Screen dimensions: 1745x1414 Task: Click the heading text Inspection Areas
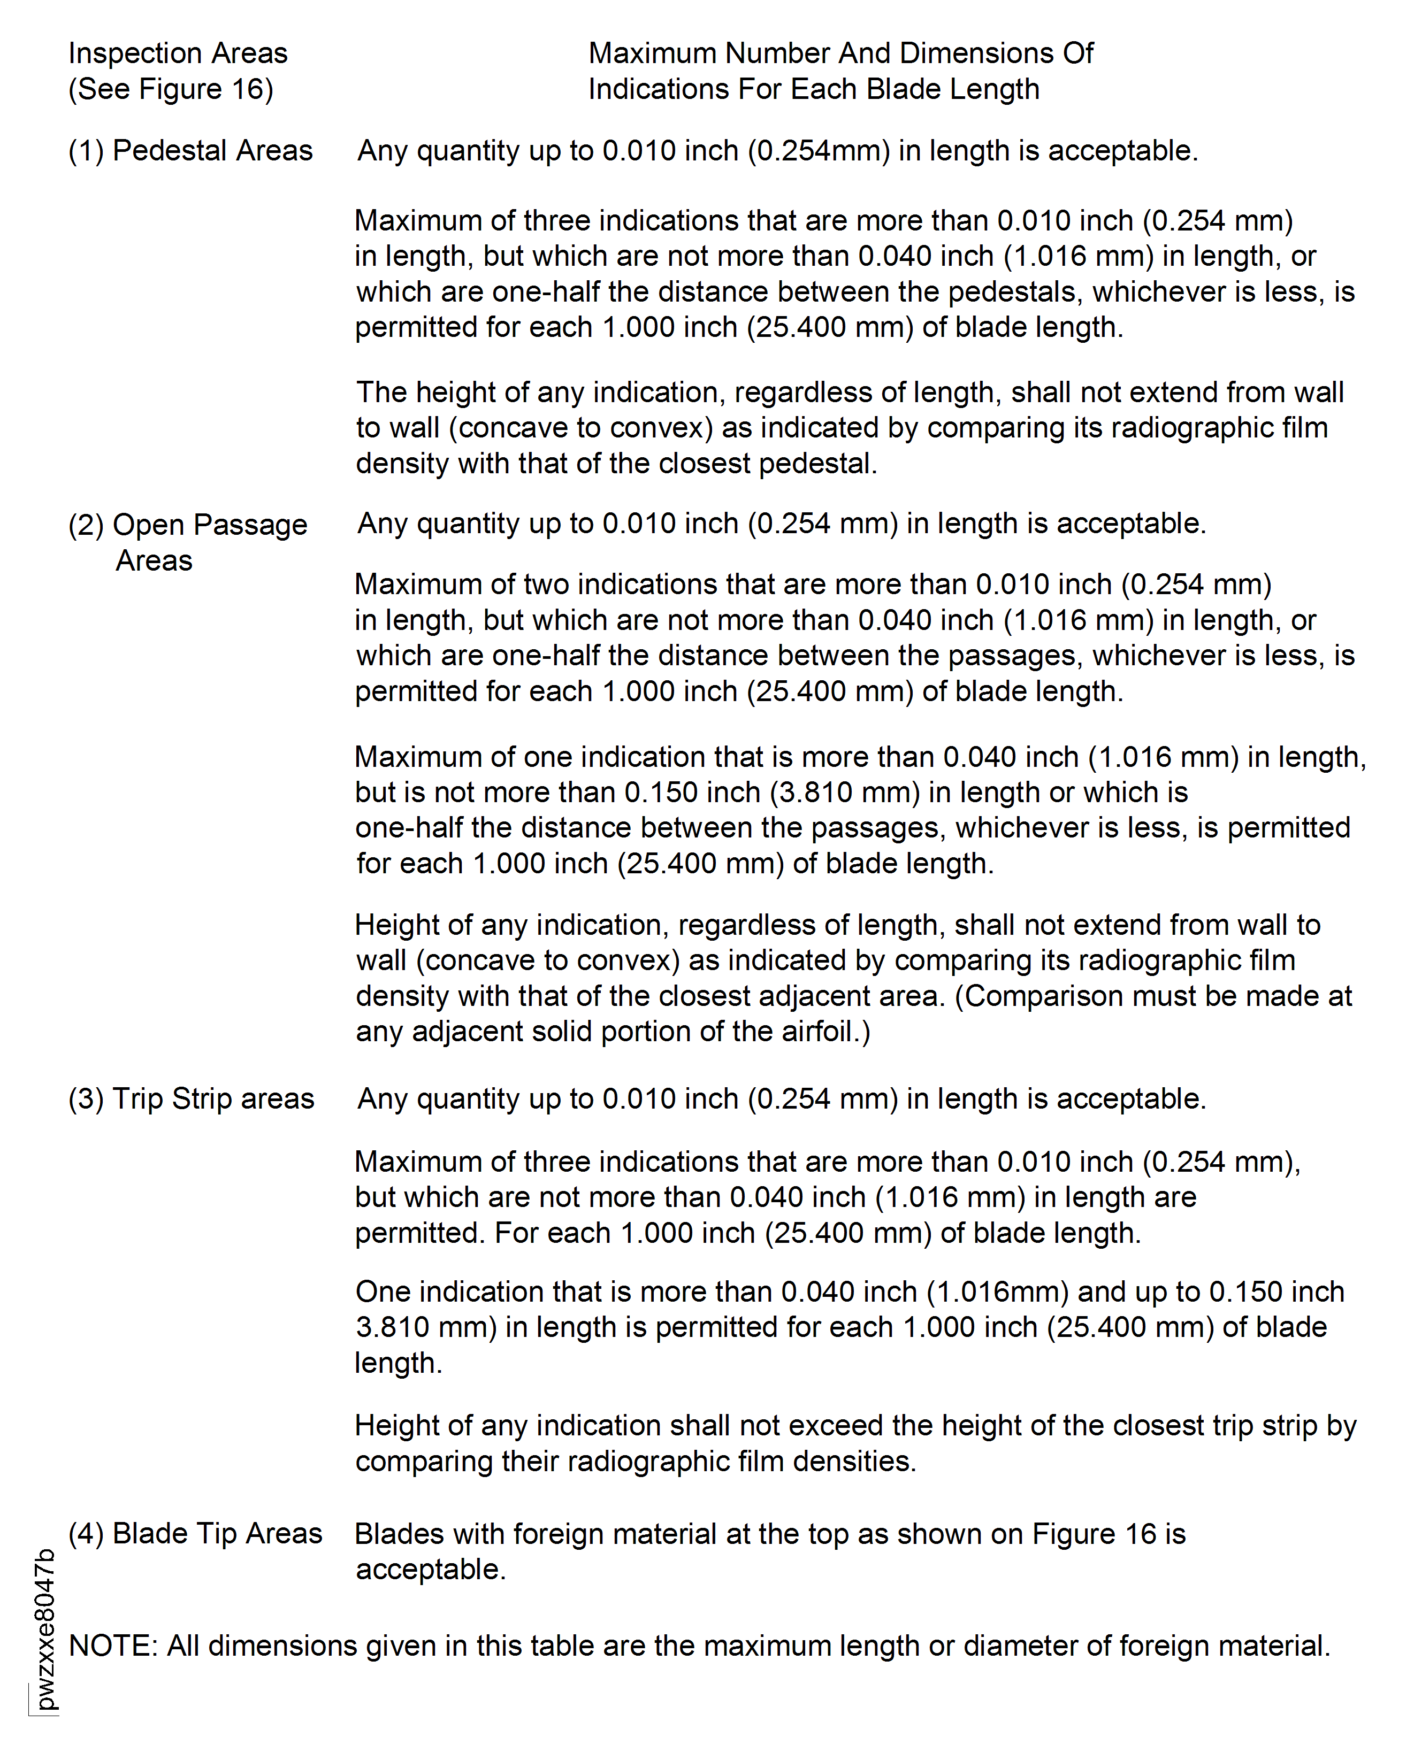[178, 53]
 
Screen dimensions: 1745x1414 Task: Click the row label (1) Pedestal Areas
[190, 151]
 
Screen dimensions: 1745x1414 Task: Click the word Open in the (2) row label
[148, 525]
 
